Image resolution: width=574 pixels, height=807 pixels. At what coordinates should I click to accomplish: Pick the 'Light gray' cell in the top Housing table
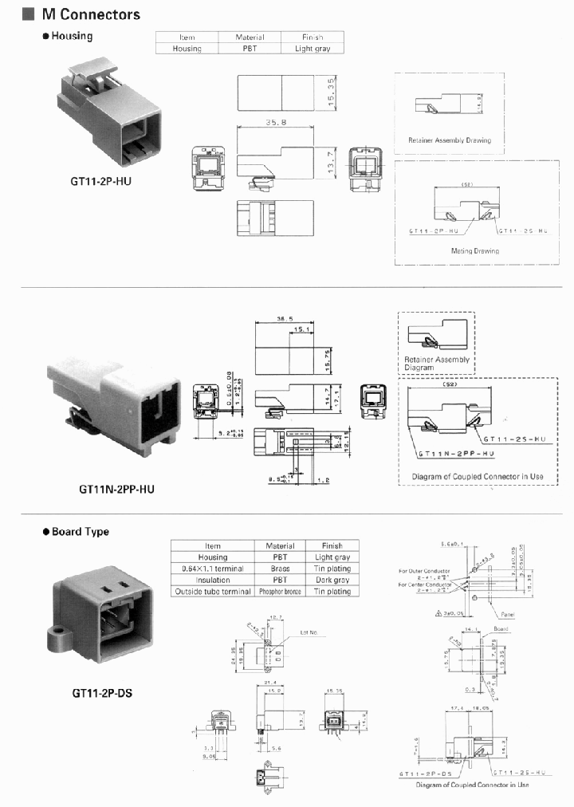point(313,49)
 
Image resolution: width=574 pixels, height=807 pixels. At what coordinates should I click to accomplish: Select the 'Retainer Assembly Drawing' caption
point(450,140)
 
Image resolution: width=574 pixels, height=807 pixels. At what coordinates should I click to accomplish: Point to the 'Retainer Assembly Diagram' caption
point(436,364)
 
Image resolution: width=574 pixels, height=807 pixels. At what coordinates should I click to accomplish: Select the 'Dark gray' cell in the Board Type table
point(332,580)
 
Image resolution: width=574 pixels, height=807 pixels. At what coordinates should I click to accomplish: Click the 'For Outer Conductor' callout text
point(426,571)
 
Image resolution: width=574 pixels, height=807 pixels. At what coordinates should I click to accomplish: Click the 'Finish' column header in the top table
point(313,37)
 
